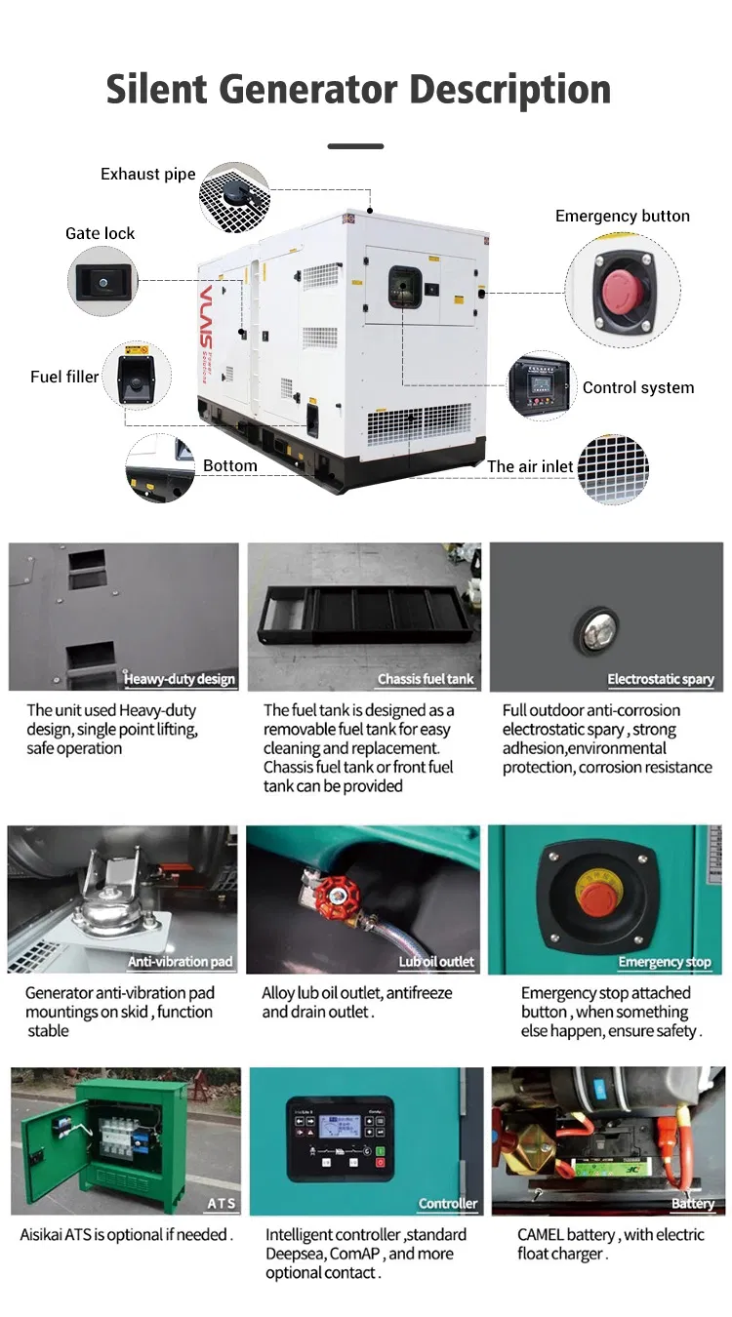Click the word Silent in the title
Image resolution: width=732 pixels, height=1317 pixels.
[156, 90]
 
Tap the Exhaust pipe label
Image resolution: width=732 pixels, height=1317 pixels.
[147, 174]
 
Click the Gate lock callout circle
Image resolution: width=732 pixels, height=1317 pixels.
[102, 281]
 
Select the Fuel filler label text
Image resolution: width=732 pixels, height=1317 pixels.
[64, 377]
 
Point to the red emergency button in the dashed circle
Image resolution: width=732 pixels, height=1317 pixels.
[623, 292]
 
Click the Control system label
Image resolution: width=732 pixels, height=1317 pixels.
[638, 387]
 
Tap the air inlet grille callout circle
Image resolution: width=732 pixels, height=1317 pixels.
[613, 469]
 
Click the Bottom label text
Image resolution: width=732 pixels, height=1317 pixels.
[230, 465]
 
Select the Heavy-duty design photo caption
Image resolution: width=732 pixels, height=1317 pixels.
[180, 679]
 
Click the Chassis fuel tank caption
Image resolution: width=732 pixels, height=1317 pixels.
[426, 679]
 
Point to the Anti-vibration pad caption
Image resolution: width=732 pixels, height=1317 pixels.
[181, 961]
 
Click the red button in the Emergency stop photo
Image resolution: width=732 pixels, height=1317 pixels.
[598, 896]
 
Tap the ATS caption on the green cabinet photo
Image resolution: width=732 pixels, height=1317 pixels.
[222, 1204]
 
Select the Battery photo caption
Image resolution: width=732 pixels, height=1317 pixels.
[693, 1204]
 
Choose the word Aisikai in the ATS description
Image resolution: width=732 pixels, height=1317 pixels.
[41, 1234]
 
